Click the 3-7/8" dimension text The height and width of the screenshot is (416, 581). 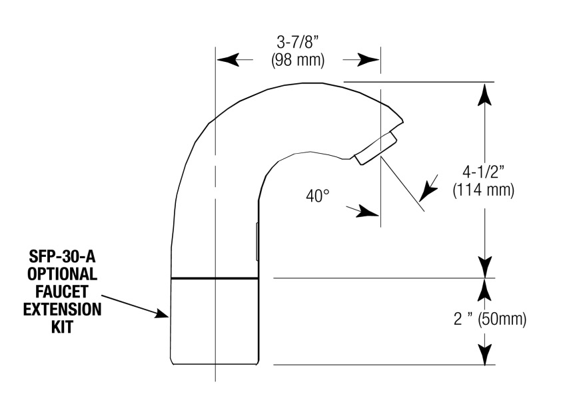[298, 42]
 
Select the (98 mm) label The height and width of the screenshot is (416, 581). [298, 60]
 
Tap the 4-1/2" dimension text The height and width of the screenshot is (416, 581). [484, 172]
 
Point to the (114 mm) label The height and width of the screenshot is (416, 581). [484, 190]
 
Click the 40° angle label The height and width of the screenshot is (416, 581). [318, 196]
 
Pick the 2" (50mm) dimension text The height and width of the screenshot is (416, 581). [490, 319]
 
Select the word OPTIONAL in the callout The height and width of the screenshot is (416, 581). [62, 274]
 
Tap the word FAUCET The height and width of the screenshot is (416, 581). [62, 292]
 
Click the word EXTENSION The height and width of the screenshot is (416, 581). [62, 310]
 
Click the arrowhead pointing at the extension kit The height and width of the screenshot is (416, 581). [161, 313]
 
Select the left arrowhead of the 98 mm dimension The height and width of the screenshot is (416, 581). [227, 59]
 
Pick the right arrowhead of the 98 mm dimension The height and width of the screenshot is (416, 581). [368, 59]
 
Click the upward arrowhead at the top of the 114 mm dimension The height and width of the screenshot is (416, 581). [484, 94]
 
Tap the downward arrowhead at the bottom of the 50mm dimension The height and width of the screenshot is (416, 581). [484, 354]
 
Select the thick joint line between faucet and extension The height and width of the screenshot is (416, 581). [215, 278]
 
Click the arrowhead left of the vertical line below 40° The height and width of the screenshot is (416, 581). [367, 212]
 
